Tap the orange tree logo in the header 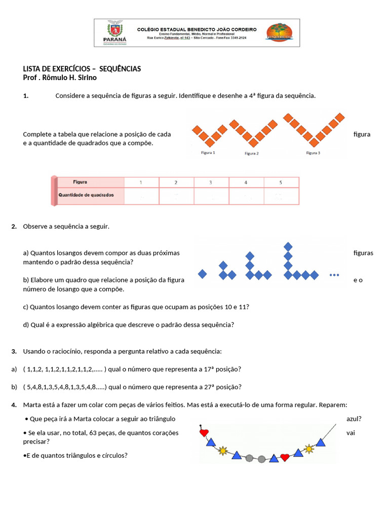point(279,32)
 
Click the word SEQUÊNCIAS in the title point(120,68)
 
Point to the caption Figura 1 point(208,153)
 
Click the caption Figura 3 point(313,153)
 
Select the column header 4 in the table point(246,182)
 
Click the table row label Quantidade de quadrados point(86,195)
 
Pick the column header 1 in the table point(141,182)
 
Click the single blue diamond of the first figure point(202,274)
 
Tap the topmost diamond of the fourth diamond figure point(288,246)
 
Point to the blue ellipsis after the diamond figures point(334,275)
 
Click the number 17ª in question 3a point(208,369)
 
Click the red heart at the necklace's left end point(204,433)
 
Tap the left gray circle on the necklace point(249,458)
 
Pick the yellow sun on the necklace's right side point(309,448)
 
